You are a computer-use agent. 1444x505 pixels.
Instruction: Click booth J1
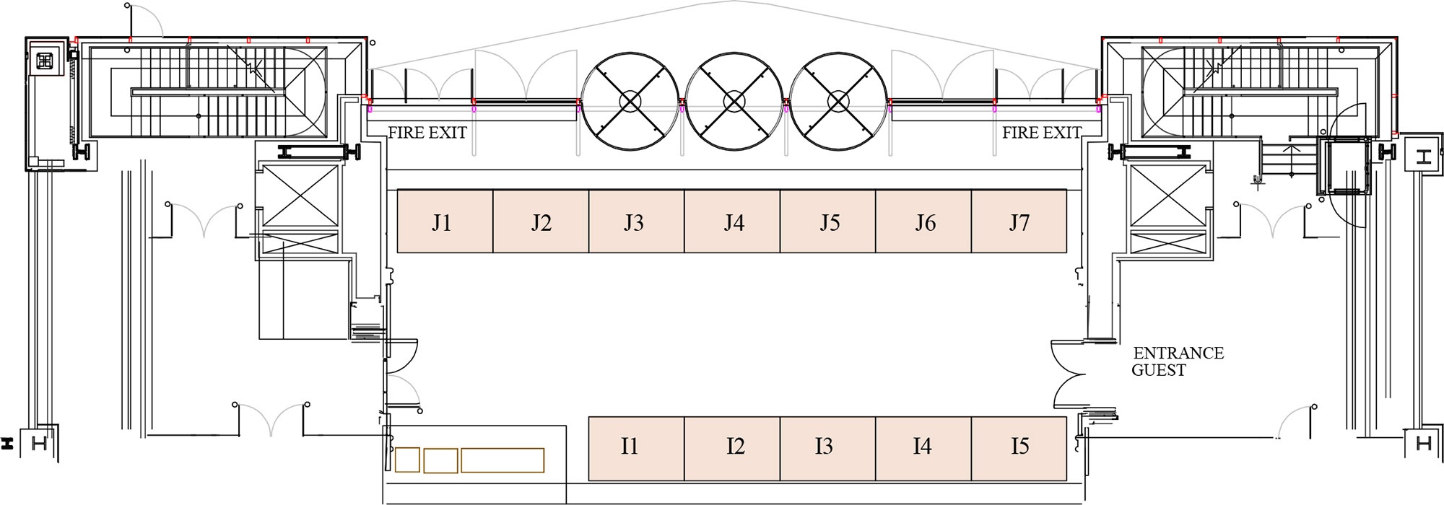coord(445,221)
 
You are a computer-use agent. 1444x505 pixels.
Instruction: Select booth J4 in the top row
coord(732,221)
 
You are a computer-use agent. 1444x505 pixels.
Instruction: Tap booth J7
coord(1019,221)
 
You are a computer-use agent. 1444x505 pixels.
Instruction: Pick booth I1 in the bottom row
coord(636,449)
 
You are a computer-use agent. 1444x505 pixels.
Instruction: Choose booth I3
coord(827,449)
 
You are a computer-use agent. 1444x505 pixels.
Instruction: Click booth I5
coord(1019,449)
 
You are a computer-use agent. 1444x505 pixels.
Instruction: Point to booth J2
coord(541,221)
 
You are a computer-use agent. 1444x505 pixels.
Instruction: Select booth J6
coord(923,221)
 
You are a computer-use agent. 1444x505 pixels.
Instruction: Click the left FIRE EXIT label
coord(427,133)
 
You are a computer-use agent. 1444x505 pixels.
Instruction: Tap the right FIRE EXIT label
coord(1042,133)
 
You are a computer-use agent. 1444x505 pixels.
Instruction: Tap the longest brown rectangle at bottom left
coord(503,460)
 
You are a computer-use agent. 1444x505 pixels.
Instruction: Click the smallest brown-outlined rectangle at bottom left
coord(408,460)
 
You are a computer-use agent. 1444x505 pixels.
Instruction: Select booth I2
coord(732,449)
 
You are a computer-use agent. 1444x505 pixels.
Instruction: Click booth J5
coord(827,221)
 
